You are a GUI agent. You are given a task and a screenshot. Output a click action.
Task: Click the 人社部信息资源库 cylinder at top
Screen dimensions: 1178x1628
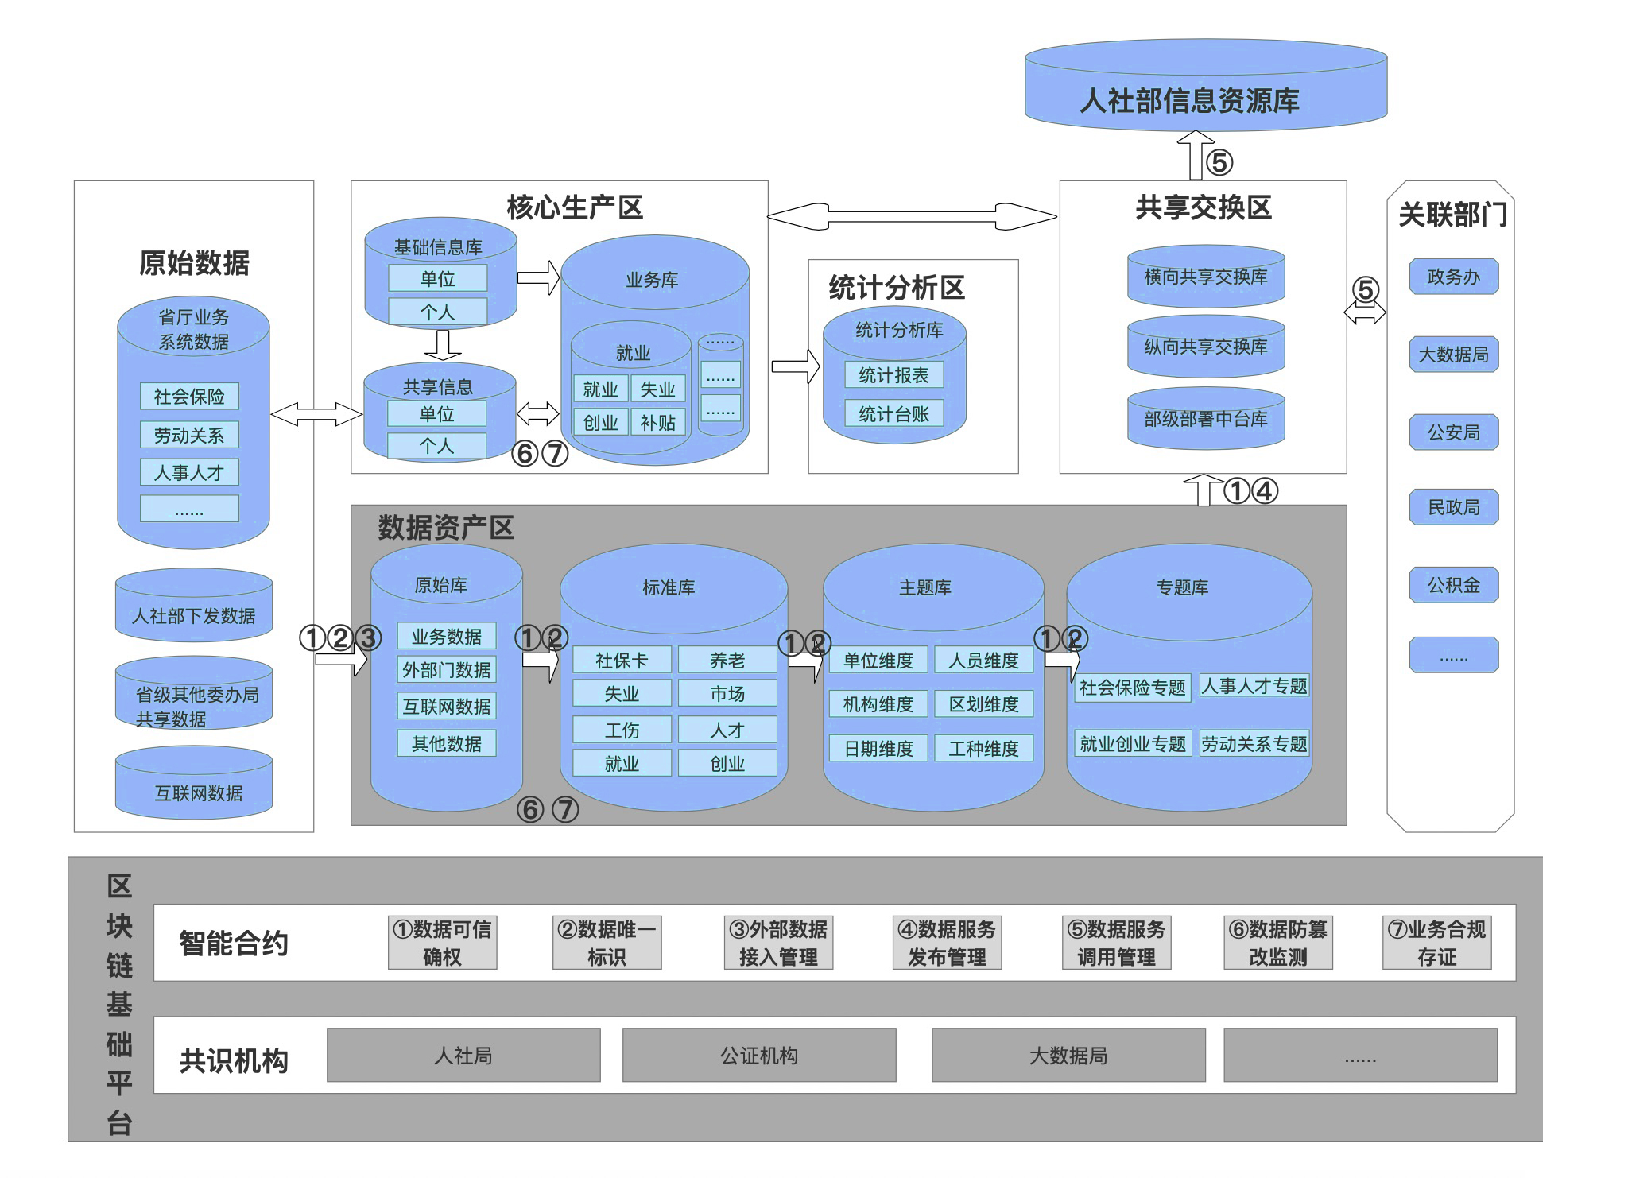1205,87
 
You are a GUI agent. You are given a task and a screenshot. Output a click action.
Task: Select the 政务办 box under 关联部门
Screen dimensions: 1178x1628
1453,277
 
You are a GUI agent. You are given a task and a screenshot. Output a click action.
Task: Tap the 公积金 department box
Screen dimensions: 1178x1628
1453,585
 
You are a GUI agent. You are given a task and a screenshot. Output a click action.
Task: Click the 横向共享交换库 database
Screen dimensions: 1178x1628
1205,277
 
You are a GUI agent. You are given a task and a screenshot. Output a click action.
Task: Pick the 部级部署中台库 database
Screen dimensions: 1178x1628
1205,419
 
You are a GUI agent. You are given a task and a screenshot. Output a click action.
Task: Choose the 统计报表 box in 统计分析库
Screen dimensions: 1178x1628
893,375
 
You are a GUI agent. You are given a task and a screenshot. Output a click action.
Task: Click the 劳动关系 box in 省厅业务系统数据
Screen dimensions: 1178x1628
189,435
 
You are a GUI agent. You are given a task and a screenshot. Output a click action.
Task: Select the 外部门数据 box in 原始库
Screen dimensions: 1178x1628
447,670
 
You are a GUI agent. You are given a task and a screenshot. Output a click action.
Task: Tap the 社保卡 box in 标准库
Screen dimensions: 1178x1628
622,660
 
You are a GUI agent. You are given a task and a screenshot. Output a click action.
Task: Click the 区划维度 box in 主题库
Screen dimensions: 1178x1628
983,704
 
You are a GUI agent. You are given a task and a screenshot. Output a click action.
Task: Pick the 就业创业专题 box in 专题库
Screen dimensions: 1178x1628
1132,744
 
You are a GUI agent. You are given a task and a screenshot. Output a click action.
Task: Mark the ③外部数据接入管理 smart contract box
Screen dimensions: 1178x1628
778,943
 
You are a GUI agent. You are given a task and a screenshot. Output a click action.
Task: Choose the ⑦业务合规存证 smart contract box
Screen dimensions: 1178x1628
1436,943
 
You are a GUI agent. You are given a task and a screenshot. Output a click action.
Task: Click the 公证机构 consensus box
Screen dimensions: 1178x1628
758,1056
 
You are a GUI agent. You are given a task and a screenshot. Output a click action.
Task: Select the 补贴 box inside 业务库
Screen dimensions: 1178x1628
657,422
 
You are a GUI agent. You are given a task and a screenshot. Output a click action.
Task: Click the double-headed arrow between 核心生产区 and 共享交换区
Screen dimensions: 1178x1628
913,215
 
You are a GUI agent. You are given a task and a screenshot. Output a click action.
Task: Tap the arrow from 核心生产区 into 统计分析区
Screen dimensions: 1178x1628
795,366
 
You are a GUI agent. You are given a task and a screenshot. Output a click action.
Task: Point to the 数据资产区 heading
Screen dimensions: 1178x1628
446,527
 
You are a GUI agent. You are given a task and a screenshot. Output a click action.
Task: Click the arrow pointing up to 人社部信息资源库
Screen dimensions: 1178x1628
1196,156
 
